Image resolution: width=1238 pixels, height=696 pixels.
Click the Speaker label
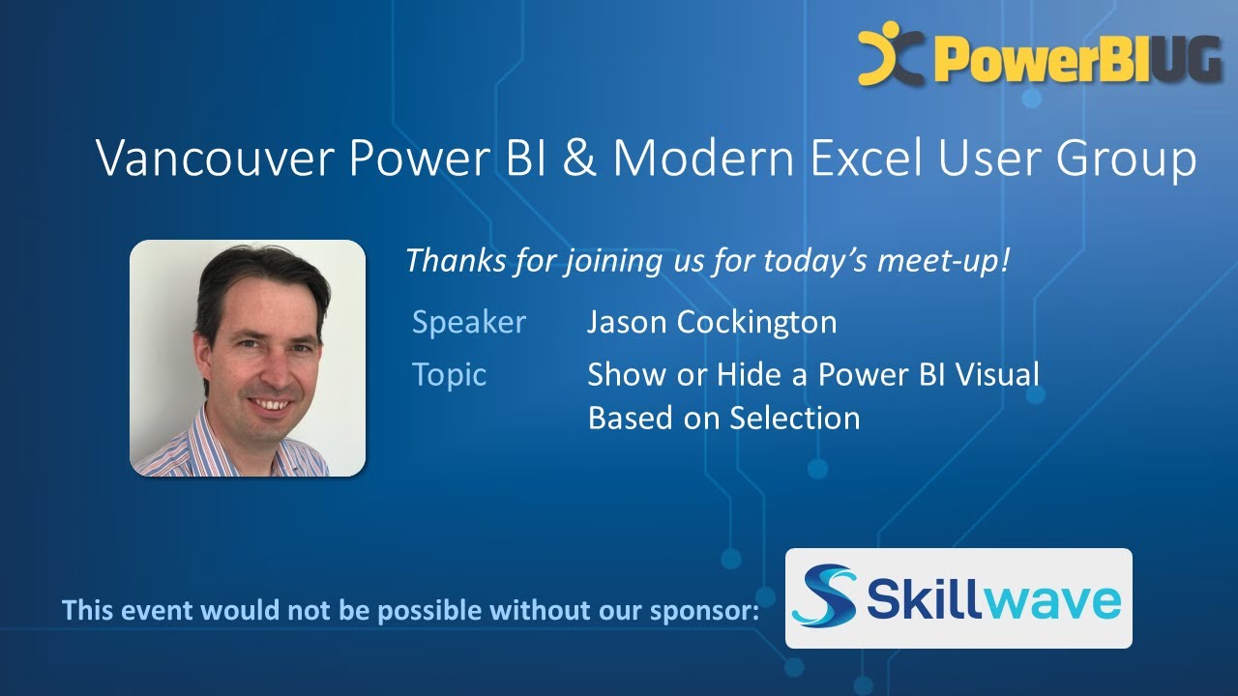pos(469,322)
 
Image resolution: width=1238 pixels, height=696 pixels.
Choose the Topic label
pos(449,374)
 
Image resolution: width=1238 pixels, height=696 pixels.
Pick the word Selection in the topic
pos(794,418)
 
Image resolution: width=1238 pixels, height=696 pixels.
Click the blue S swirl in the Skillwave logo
pos(825,595)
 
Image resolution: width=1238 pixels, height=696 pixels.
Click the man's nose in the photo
pos(263,368)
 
